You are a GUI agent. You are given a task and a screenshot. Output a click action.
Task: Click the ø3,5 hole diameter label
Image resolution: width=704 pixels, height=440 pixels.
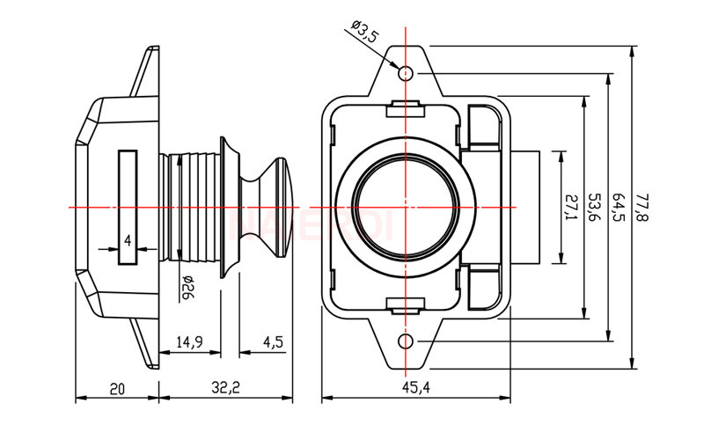(363, 33)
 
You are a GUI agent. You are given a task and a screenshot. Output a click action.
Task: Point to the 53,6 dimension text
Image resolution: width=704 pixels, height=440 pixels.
(594, 207)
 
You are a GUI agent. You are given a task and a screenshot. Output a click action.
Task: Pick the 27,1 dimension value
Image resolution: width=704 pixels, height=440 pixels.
(569, 207)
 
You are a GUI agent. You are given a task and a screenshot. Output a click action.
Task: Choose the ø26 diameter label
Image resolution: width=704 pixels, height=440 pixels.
(187, 287)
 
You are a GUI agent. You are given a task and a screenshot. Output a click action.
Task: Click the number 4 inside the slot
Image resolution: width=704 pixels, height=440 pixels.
(128, 240)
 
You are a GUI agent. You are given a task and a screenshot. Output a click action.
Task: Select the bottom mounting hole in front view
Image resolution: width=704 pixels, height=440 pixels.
(406, 341)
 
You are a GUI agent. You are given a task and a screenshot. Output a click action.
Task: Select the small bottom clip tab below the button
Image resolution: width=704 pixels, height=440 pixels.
(406, 304)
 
